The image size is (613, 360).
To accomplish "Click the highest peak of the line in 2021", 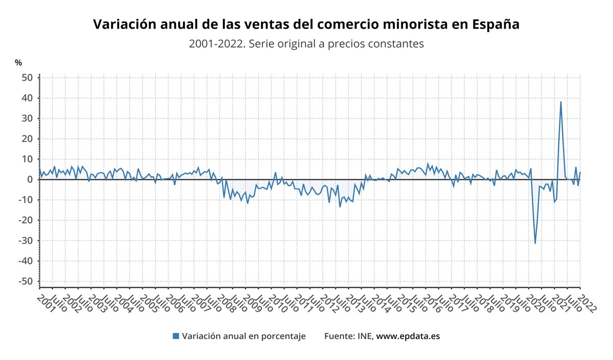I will tap(561, 102).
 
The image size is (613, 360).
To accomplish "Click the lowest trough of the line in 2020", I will tap(535, 243).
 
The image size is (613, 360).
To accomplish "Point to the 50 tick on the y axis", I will tap(29, 78).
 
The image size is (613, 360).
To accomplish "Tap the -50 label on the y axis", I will tap(27, 281).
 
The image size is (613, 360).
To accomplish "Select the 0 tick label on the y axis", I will tap(30, 180).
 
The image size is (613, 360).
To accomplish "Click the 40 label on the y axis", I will tap(29, 98).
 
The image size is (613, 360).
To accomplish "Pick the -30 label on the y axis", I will tap(27, 241).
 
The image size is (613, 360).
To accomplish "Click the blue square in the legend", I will tap(176, 336).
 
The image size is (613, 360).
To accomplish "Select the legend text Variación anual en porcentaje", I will tap(244, 336).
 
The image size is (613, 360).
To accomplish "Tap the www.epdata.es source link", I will tap(408, 336).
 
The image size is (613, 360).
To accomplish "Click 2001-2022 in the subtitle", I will tap(211, 44).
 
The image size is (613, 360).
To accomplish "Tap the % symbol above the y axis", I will tap(18, 63).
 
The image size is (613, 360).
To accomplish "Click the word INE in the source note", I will tap(364, 336).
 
